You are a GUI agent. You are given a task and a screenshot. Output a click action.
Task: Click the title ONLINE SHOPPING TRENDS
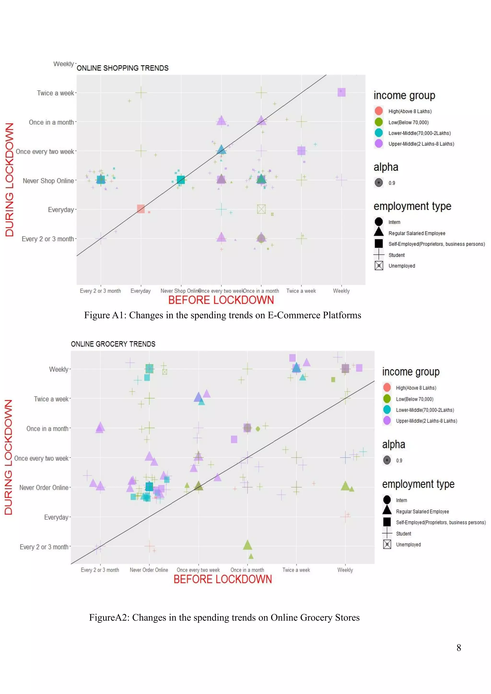coord(123,68)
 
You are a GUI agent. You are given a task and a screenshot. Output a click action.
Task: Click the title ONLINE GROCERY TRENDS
coord(113,344)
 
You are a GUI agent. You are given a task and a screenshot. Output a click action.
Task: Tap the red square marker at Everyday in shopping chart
coord(140,209)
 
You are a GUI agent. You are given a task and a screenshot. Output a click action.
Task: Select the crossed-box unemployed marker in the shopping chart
coord(261,209)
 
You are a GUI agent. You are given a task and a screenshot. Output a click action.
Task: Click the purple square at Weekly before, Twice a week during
coord(341,92)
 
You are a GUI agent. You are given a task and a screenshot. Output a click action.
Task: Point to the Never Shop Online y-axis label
coord(48,181)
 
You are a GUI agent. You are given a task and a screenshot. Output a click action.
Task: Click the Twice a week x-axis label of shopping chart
coord(301,291)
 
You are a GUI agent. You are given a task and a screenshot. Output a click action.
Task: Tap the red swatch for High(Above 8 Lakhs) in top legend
coord(379,111)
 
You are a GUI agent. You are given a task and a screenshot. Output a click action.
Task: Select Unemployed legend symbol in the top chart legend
coord(379,266)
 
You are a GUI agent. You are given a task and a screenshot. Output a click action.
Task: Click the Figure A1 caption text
coord(222,315)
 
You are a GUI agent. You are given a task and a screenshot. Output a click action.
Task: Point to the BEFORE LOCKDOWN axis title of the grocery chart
coord(222,579)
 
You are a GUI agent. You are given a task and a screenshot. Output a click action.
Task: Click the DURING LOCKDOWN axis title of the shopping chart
coord(10,179)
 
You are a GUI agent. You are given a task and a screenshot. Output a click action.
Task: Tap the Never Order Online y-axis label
coord(44,488)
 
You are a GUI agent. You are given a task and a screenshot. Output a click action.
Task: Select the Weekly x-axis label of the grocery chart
coord(345,570)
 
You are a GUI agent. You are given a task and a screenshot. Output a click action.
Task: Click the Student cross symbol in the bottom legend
coord(387,533)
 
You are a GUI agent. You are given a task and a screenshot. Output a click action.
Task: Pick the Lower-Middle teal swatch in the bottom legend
coord(387,410)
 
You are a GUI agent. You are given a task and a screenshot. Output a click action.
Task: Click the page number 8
coord(459,648)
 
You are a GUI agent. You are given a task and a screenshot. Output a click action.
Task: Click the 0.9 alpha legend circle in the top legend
coord(379,183)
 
